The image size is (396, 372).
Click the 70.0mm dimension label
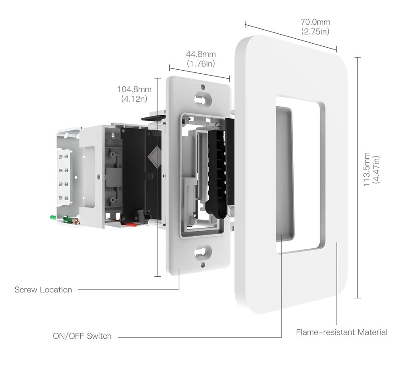point(315,22)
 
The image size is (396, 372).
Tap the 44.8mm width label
point(201,55)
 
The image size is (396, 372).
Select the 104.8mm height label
point(134,89)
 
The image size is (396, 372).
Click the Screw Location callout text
point(43,290)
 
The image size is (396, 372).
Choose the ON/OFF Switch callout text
point(82,336)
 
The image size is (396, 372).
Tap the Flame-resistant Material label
point(341,332)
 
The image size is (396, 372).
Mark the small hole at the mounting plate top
point(203,87)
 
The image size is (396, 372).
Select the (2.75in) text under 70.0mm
point(315,31)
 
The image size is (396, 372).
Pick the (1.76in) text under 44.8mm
point(201,64)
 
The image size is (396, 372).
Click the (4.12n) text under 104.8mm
point(134,98)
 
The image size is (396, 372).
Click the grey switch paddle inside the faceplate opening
point(284,171)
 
